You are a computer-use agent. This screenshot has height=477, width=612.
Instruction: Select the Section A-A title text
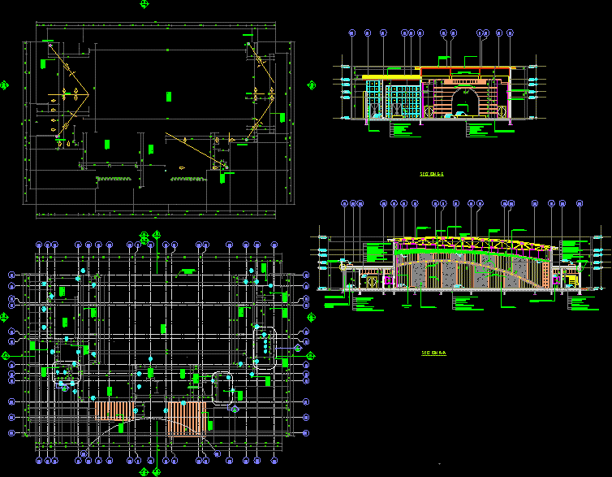pos(434,353)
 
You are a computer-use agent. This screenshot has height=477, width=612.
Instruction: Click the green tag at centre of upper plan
pos(169,95)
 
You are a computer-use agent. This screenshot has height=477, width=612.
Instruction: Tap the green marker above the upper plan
pos(144,4)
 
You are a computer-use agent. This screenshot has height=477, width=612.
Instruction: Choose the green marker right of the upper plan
pos(311,84)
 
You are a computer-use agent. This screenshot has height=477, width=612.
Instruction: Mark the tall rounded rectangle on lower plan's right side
pos(264,349)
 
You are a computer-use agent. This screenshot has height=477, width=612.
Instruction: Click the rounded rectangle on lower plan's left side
pos(67,373)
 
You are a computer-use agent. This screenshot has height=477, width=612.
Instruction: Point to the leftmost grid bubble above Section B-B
pos(352,33)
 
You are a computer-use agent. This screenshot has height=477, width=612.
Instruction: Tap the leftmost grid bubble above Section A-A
pos(345,204)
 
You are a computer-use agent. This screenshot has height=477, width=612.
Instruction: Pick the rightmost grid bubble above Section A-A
pos(580,204)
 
